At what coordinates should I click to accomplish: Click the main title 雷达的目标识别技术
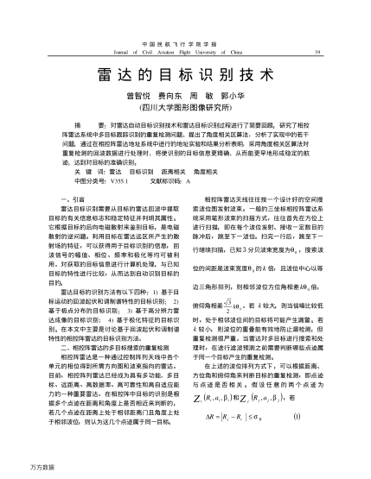[x=186, y=76]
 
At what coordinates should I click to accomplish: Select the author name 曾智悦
[x=141, y=98]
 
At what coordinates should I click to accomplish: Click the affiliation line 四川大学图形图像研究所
[x=186, y=110]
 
